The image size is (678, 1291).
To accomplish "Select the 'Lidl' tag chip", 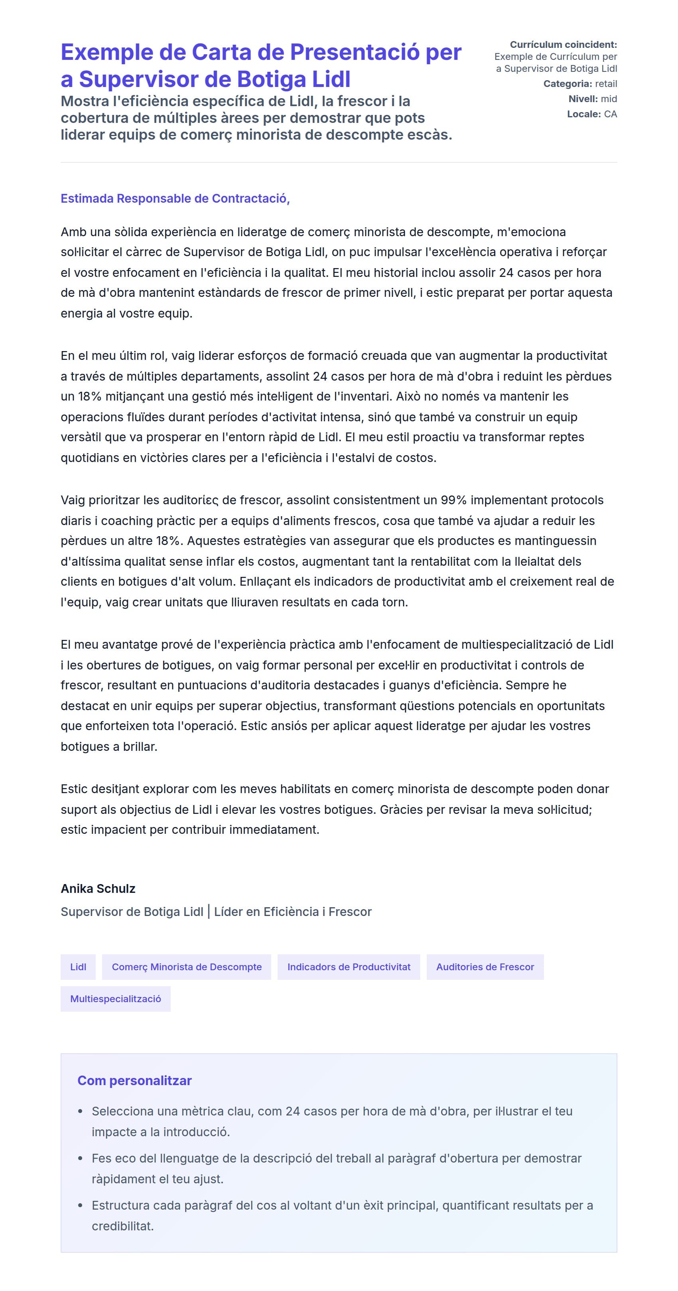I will click(x=78, y=967).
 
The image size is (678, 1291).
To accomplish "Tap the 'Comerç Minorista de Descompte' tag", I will click(x=186, y=967).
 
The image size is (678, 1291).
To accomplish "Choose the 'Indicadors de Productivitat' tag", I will click(x=349, y=967).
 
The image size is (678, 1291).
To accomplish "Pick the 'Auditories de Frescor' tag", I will click(x=485, y=967).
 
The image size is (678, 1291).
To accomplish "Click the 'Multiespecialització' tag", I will click(x=115, y=999).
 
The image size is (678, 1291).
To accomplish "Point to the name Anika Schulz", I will click(x=98, y=888).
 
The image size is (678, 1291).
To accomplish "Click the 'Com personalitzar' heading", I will click(x=134, y=1080).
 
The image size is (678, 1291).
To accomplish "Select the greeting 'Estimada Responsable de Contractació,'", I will click(x=175, y=198).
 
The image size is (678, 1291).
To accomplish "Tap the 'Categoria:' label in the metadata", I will click(x=567, y=84).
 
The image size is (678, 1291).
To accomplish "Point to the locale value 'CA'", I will click(x=610, y=114).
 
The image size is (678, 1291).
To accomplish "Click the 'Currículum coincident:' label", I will click(x=563, y=45).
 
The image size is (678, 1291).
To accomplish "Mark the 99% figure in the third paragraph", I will click(x=453, y=500).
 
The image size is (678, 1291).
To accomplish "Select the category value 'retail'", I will click(x=606, y=84).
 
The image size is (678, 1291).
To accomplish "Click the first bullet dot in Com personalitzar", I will click(x=80, y=1111).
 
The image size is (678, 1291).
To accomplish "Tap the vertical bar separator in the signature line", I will click(x=209, y=912).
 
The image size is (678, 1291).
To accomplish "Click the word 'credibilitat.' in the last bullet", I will click(x=122, y=1226).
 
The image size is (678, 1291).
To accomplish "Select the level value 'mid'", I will click(x=609, y=99).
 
